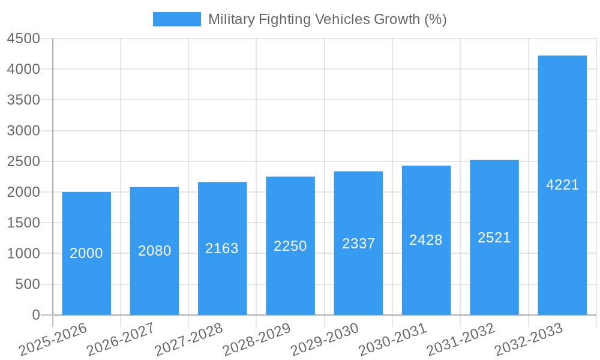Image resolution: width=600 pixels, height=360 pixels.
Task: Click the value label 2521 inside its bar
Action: pyautogui.click(x=494, y=238)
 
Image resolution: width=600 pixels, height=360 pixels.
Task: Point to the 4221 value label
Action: pyautogui.click(x=562, y=185)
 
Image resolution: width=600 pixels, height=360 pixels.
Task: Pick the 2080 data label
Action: pyautogui.click(x=154, y=251)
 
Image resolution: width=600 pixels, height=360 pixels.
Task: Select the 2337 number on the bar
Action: pyautogui.click(x=358, y=244)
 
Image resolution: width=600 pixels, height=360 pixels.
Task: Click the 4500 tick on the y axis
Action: pyautogui.click(x=23, y=39)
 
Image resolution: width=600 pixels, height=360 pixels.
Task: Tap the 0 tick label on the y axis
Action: pyautogui.click(x=35, y=315)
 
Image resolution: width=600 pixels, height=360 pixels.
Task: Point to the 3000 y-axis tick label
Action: pyautogui.click(x=23, y=131)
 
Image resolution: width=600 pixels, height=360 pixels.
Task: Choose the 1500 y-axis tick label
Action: pyautogui.click(x=23, y=223)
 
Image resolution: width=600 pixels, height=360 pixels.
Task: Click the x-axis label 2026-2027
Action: pyautogui.click(x=121, y=339)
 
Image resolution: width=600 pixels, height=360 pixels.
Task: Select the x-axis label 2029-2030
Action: pyautogui.click(x=325, y=339)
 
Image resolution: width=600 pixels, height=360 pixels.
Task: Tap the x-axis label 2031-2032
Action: pyautogui.click(x=461, y=339)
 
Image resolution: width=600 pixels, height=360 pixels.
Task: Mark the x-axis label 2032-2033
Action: pyautogui.click(x=529, y=339)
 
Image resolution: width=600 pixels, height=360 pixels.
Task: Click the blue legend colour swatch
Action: pyautogui.click(x=176, y=19)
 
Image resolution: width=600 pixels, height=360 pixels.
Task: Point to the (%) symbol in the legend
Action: pyautogui.click(x=435, y=19)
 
